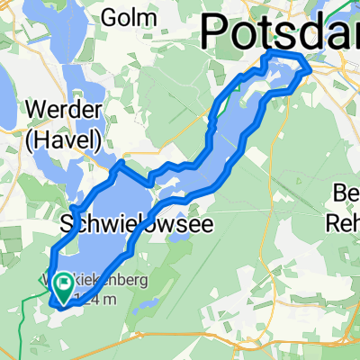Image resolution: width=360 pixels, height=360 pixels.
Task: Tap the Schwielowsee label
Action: [138, 224]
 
